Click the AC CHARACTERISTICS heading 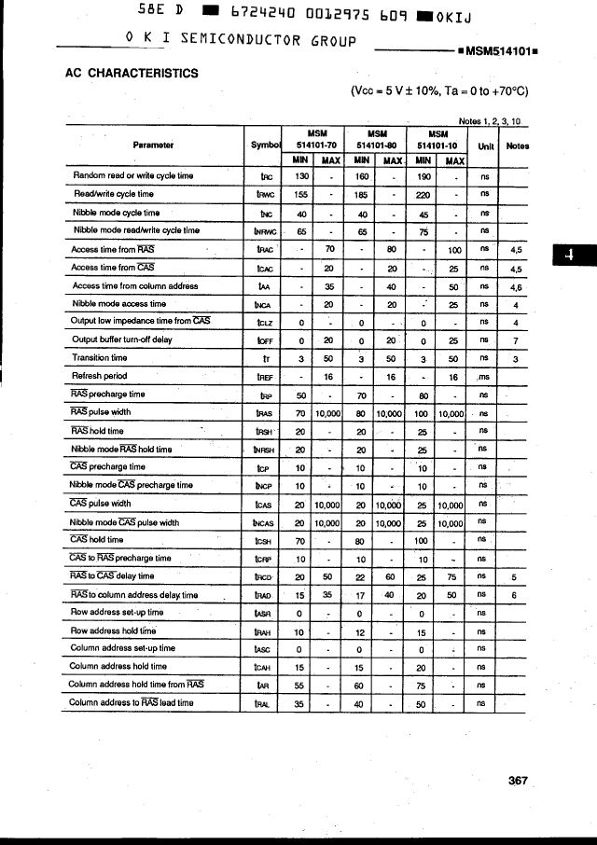pos(132,73)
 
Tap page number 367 pos(519,781)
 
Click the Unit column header pos(485,145)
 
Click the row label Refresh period pos(101,376)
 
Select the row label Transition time pos(100,357)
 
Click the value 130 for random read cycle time pos(301,175)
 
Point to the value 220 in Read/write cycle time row pos(423,194)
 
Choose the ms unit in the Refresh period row pos(484,376)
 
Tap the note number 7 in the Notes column pos(515,339)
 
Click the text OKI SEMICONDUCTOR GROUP pos(240,39)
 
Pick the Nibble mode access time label pos(119,303)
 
